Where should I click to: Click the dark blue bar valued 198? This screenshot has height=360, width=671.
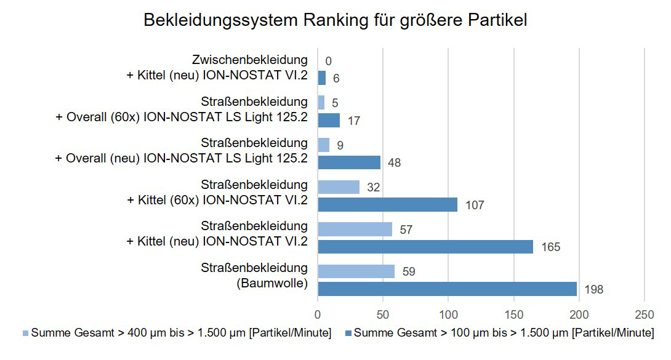[x=447, y=289]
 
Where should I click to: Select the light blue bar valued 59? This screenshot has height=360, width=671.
[x=356, y=271]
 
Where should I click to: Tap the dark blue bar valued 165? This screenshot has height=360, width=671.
[x=425, y=247]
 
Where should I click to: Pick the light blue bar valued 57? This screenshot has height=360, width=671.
[x=355, y=230]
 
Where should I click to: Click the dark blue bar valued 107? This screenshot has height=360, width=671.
[x=387, y=204]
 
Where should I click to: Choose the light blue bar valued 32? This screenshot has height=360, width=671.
[x=339, y=187]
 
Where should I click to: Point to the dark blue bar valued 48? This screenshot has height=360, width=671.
[x=349, y=162]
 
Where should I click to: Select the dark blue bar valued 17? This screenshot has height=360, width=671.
[x=329, y=120]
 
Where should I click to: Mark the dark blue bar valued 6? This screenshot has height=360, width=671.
[x=321, y=78]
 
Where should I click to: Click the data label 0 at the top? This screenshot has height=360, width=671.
[x=328, y=61]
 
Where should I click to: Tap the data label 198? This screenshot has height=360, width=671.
[x=593, y=289]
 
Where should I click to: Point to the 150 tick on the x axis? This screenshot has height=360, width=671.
[x=513, y=314]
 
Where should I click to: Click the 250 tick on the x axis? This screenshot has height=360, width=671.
[x=644, y=314]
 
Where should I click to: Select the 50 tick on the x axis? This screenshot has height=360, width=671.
[x=383, y=314]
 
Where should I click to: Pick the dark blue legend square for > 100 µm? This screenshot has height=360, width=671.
[x=348, y=333]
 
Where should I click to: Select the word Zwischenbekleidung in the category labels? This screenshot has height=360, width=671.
[x=249, y=60]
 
